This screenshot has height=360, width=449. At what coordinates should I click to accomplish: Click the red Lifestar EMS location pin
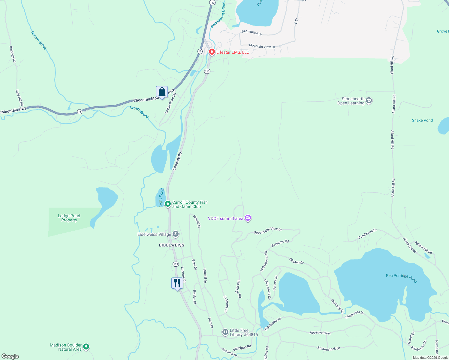tap(212, 52)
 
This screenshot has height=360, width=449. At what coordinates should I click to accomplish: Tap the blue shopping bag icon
tap(162, 92)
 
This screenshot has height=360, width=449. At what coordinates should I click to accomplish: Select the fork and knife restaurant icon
tap(177, 283)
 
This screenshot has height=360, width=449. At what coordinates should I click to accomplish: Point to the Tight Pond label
tap(161, 197)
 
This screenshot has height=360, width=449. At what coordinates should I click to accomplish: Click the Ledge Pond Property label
tap(69, 218)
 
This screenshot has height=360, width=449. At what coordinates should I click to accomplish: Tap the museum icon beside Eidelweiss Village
tap(176, 234)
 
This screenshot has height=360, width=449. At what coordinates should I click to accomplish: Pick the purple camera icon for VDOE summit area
tap(248, 218)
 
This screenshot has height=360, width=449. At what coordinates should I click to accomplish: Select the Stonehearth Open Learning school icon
tap(369, 100)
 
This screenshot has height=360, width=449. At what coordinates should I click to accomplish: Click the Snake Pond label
tap(422, 120)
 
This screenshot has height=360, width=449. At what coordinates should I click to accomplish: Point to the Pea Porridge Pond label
tap(401, 277)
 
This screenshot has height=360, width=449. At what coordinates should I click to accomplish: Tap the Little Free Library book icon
tap(225, 332)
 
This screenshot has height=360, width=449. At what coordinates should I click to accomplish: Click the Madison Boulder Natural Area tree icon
tap(86, 347)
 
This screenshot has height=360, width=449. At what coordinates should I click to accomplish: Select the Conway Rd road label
tap(177, 161)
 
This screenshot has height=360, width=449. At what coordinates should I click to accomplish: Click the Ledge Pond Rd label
tap(170, 103)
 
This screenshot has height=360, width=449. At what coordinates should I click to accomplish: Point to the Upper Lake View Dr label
tap(268, 231)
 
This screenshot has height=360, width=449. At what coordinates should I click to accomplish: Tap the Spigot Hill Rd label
tap(423, 247)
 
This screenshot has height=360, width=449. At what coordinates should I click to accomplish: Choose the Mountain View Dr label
tap(262, 46)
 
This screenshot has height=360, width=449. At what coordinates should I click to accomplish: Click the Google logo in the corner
tap(10, 356)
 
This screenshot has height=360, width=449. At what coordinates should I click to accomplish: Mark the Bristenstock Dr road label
tap(329, 348)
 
